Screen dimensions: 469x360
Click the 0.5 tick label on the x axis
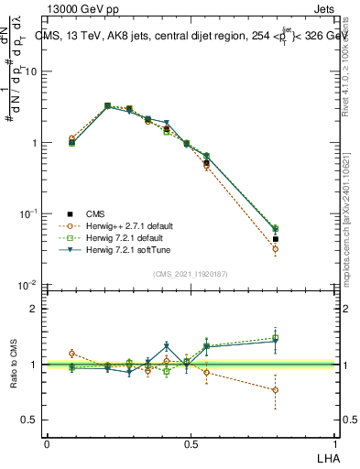coord(191,442)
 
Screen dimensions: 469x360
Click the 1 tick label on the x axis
coord(336,442)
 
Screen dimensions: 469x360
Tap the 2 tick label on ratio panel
coord(38,309)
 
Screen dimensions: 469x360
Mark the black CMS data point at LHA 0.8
coord(276,240)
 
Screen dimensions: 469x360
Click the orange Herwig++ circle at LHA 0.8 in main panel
coord(276,249)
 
